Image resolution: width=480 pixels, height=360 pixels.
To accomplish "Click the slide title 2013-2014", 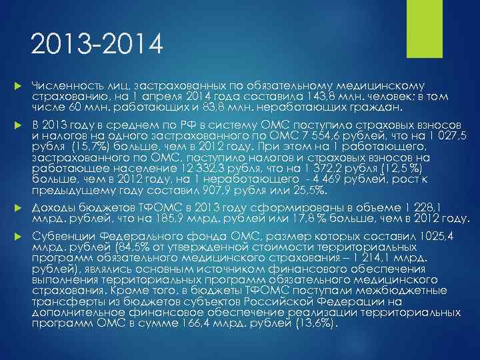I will click(x=97, y=46).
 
